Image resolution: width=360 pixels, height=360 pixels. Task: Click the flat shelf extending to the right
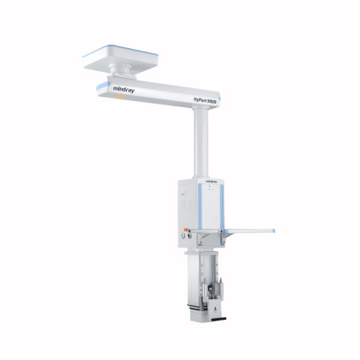249,231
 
